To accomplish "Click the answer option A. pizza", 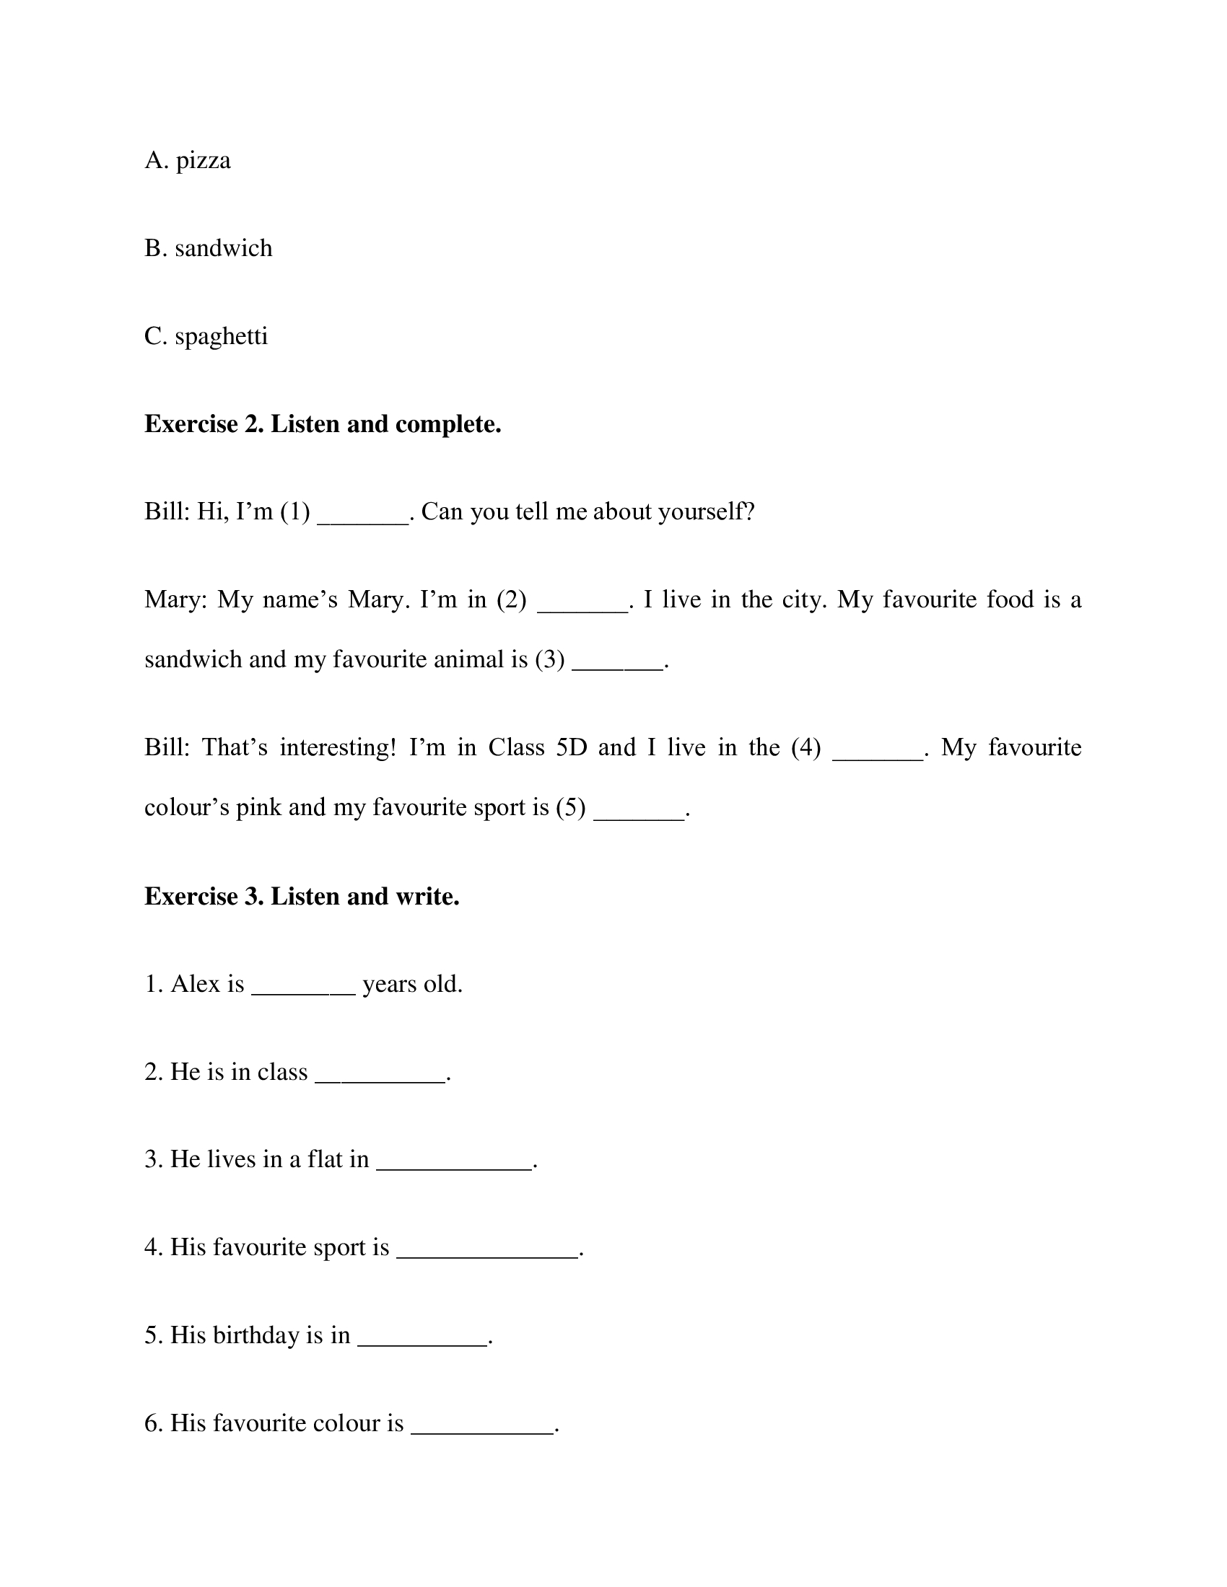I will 188,161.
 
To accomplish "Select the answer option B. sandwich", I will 208,249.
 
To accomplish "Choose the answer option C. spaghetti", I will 206,336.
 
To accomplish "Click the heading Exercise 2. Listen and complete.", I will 323,424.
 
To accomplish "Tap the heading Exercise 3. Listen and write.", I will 302,897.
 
